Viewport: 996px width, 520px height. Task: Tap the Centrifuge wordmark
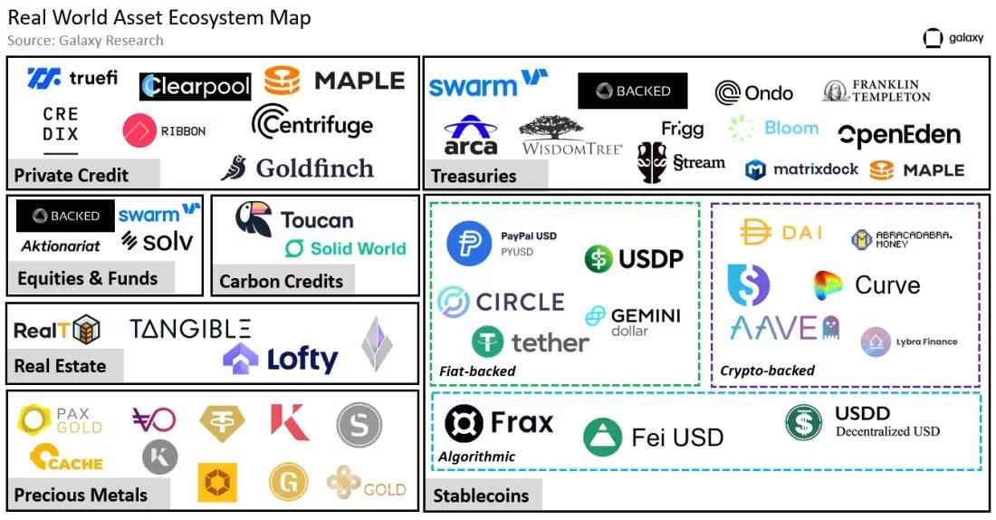312,122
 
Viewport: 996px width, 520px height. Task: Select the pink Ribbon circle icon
139,131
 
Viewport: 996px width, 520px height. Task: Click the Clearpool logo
195,86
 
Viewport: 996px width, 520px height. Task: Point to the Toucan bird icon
254,219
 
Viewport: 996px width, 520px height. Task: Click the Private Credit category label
72,175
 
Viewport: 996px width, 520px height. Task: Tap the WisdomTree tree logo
551,127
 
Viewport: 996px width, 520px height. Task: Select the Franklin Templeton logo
876,91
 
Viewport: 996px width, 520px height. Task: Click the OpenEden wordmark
899,135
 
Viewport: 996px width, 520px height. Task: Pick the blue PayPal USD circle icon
469,244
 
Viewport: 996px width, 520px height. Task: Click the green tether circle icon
487,342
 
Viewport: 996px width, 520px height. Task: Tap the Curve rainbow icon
828,285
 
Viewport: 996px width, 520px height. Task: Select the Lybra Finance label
926,342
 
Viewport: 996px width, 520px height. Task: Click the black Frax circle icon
464,423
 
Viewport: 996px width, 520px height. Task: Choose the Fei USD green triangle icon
602,438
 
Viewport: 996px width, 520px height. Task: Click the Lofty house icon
240,359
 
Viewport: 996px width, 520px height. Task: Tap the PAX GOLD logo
61,419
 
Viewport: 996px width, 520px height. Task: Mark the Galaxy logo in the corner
953,38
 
